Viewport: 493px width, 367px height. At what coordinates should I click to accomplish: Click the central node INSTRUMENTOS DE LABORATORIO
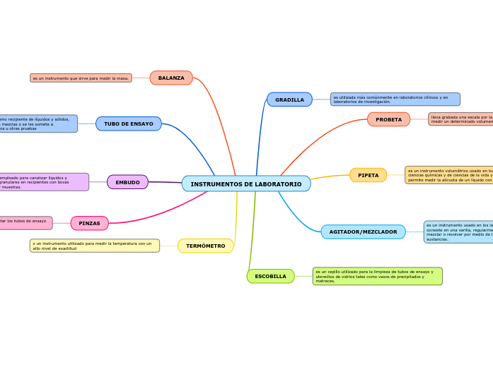[x=245, y=184]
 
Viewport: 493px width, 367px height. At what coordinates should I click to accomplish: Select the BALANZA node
[x=171, y=78]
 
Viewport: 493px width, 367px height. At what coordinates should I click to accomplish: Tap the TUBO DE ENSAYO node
[x=129, y=124]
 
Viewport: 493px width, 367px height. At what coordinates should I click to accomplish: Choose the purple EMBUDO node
[x=127, y=182]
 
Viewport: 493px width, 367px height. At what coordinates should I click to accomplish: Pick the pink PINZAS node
[x=90, y=223]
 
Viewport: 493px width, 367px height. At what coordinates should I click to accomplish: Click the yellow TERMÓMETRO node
[x=206, y=246]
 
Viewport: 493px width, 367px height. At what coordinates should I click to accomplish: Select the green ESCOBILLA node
[x=270, y=276]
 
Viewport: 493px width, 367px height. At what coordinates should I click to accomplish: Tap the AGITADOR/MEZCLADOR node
[x=363, y=231]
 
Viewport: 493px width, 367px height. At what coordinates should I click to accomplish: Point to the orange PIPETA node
[x=368, y=175]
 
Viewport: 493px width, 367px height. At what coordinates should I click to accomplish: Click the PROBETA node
[x=388, y=119]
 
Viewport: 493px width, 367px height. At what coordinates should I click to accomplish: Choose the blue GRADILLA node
[x=289, y=100]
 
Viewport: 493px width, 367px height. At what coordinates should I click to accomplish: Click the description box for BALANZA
[x=81, y=78]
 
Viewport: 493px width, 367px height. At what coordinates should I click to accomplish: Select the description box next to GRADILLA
[x=395, y=100]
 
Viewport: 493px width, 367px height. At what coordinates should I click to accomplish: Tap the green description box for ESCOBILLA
[x=377, y=276]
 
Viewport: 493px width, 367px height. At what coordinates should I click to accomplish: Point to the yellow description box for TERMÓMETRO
[x=95, y=246]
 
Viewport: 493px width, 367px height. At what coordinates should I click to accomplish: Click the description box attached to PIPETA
[x=449, y=175]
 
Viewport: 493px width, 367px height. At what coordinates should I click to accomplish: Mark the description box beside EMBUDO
[x=44, y=182]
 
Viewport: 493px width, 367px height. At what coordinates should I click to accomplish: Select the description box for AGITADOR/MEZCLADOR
[x=458, y=231]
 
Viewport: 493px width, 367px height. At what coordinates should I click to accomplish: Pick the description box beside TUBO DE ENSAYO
[x=38, y=124]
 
